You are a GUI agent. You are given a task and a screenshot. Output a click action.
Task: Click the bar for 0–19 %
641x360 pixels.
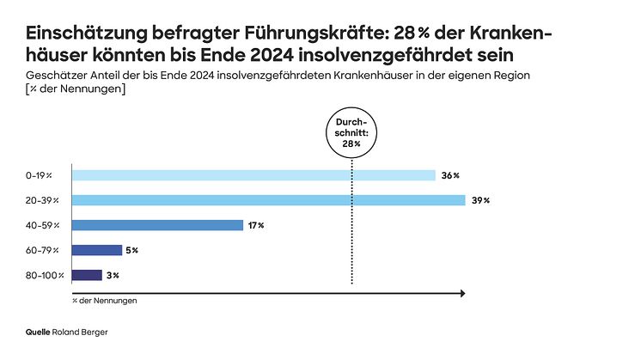(x=253, y=175)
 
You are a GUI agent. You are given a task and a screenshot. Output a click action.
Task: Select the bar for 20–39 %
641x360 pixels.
(x=267, y=200)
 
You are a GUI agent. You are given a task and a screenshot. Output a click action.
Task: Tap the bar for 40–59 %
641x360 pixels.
(x=157, y=225)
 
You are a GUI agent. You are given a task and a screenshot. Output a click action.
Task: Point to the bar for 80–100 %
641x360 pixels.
(x=87, y=275)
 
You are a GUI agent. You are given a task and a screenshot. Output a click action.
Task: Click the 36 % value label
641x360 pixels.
(x=450, y=175)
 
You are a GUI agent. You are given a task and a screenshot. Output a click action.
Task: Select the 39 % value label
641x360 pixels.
(x=480, y=200)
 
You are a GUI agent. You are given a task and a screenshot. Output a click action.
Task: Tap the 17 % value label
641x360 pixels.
(x=255, y=225)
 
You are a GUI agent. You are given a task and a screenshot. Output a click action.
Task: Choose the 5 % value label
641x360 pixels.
(x=132, y=250)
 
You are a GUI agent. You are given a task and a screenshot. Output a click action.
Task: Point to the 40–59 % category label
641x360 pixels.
(x=42, y=225)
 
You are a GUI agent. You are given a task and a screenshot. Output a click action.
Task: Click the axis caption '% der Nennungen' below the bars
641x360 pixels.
(x=105, y=302)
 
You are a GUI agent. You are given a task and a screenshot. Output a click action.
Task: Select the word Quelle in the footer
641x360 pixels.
(x=38, y=331)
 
